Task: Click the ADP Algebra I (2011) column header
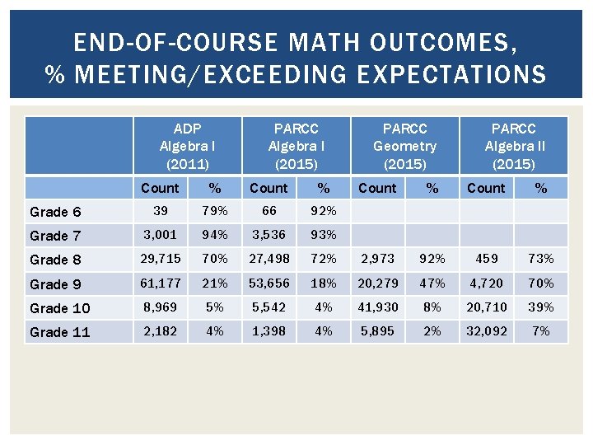[187, 146]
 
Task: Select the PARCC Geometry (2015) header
[404, 146]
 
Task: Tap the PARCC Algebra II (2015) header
[513, 146]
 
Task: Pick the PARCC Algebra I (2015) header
[296, 146]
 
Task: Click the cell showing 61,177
[161, 283]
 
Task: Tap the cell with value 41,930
[378, 307]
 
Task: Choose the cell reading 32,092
[487, 331]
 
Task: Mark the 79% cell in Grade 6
[215, 211]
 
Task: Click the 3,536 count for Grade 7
[269, 235]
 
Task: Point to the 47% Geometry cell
[432, 283]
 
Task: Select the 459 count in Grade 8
[487, 259]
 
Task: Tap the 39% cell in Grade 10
[541, 307]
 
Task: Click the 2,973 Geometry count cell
[378, 259]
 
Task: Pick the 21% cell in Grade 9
[215, 283]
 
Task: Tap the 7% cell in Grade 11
[541, 331]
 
